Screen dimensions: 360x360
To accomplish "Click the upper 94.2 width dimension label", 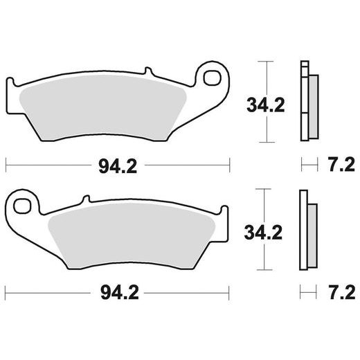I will [116, 165].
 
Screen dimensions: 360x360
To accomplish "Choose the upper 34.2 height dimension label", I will [267, 105].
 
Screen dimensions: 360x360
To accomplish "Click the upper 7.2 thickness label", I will [339, 165].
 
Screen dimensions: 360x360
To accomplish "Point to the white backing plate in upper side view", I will [303, 104].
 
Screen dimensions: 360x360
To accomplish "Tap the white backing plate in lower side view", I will [303, 232].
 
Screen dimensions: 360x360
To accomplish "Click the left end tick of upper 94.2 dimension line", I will [6, 165].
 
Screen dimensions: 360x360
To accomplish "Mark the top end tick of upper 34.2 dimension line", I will [262, 62].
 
